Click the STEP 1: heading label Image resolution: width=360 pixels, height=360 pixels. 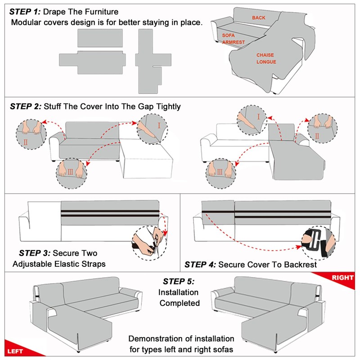[x=25, y=11]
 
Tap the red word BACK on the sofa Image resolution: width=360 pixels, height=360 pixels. [x=258, y=18]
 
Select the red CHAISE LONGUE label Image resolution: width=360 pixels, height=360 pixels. [x=266, y=58]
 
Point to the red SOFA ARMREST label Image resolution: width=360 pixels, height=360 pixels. [x=233, y=38]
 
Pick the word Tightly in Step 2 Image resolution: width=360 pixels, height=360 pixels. [x=165, y=107]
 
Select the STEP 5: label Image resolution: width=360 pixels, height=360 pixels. [x=179, y=282]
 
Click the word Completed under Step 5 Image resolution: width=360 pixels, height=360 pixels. [x=180, y=303]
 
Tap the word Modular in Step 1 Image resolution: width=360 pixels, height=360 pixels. [x=26, y=22]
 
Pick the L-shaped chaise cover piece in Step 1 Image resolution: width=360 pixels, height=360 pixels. [x=149, y=58]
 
